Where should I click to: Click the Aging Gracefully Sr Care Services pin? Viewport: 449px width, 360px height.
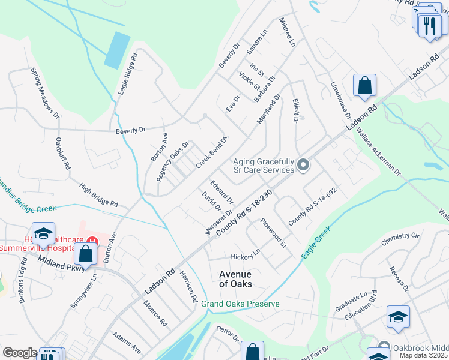coord(304,164)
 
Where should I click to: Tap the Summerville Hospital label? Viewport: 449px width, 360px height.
coord(33,247)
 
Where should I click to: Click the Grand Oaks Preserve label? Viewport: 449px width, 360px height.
coord(240,304)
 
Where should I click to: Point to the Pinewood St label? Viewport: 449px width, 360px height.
coord(274,233)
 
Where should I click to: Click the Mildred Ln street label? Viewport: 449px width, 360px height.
coord(288,32)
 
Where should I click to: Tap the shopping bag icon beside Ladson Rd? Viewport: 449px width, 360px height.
coord(364,86)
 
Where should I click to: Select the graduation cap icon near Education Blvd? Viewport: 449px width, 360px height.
coord(398,317)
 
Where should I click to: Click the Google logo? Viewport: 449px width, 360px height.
coord(20,353)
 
